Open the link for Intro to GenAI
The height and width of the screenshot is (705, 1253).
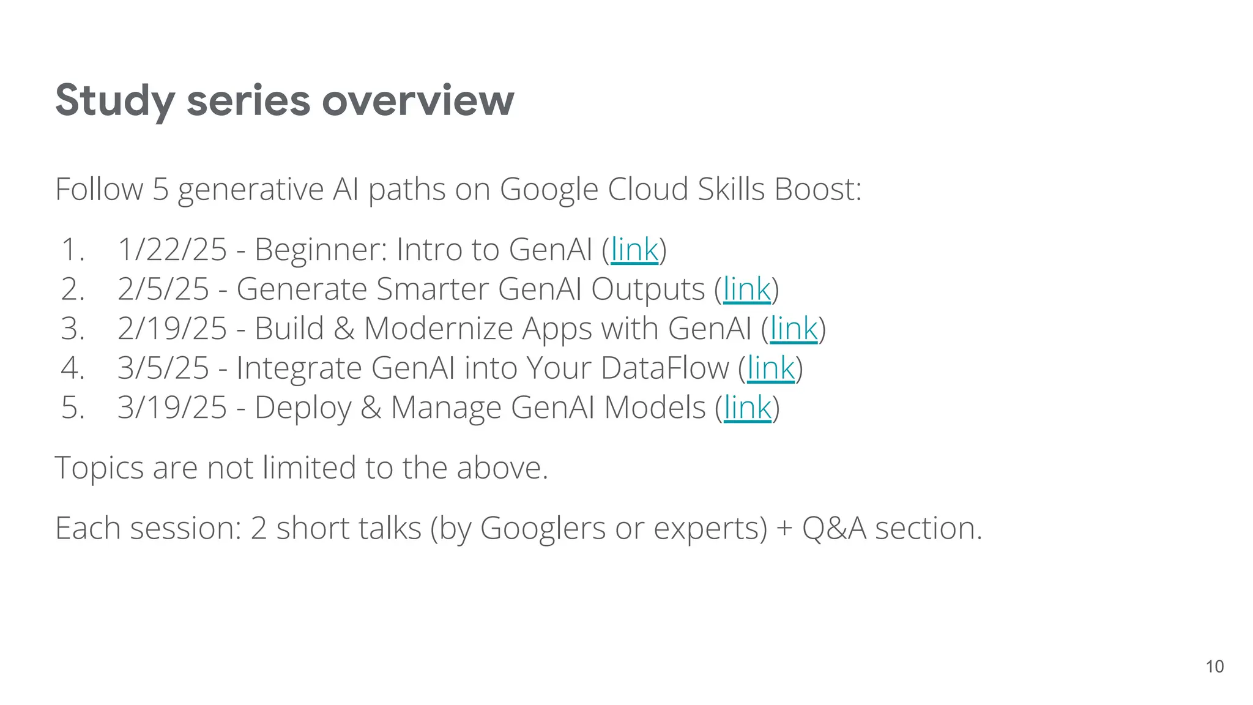634,250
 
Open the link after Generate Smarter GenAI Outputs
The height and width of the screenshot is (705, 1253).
746,289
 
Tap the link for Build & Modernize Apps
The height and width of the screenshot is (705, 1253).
794,329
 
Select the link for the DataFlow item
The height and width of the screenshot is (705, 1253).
770,368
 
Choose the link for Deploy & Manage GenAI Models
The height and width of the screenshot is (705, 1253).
747,408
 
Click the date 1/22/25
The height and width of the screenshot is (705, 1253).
172,250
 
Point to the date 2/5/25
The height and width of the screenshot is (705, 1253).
163,289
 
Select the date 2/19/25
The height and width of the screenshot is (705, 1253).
172,329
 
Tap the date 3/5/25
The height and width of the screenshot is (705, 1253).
163,368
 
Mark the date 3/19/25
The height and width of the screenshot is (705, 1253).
172,408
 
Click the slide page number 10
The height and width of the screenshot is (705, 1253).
1214,666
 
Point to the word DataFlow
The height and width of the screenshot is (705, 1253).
664,368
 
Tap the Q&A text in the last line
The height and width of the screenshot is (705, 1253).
834,529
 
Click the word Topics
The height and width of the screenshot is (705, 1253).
99,469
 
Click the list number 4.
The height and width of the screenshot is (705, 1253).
72,368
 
